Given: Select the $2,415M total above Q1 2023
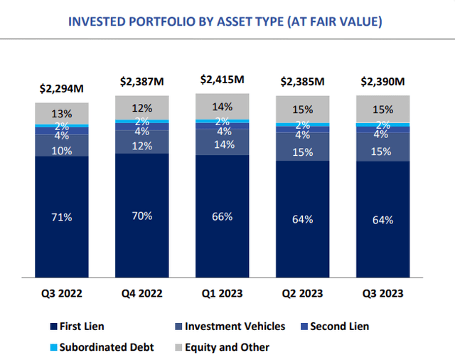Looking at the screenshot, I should coord(223,79).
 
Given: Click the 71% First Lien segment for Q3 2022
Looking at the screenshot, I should coord(62,217).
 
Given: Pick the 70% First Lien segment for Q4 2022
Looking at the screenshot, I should coord(142,216).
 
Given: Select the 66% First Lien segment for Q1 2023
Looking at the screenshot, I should coord(223,216).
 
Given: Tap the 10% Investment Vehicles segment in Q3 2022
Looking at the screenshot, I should coord(62,151).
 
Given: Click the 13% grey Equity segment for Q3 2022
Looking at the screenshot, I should coord(62,113).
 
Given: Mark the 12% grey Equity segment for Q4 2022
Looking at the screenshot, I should coord(142,107).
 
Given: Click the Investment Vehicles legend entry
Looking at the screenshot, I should coord(228,327).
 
